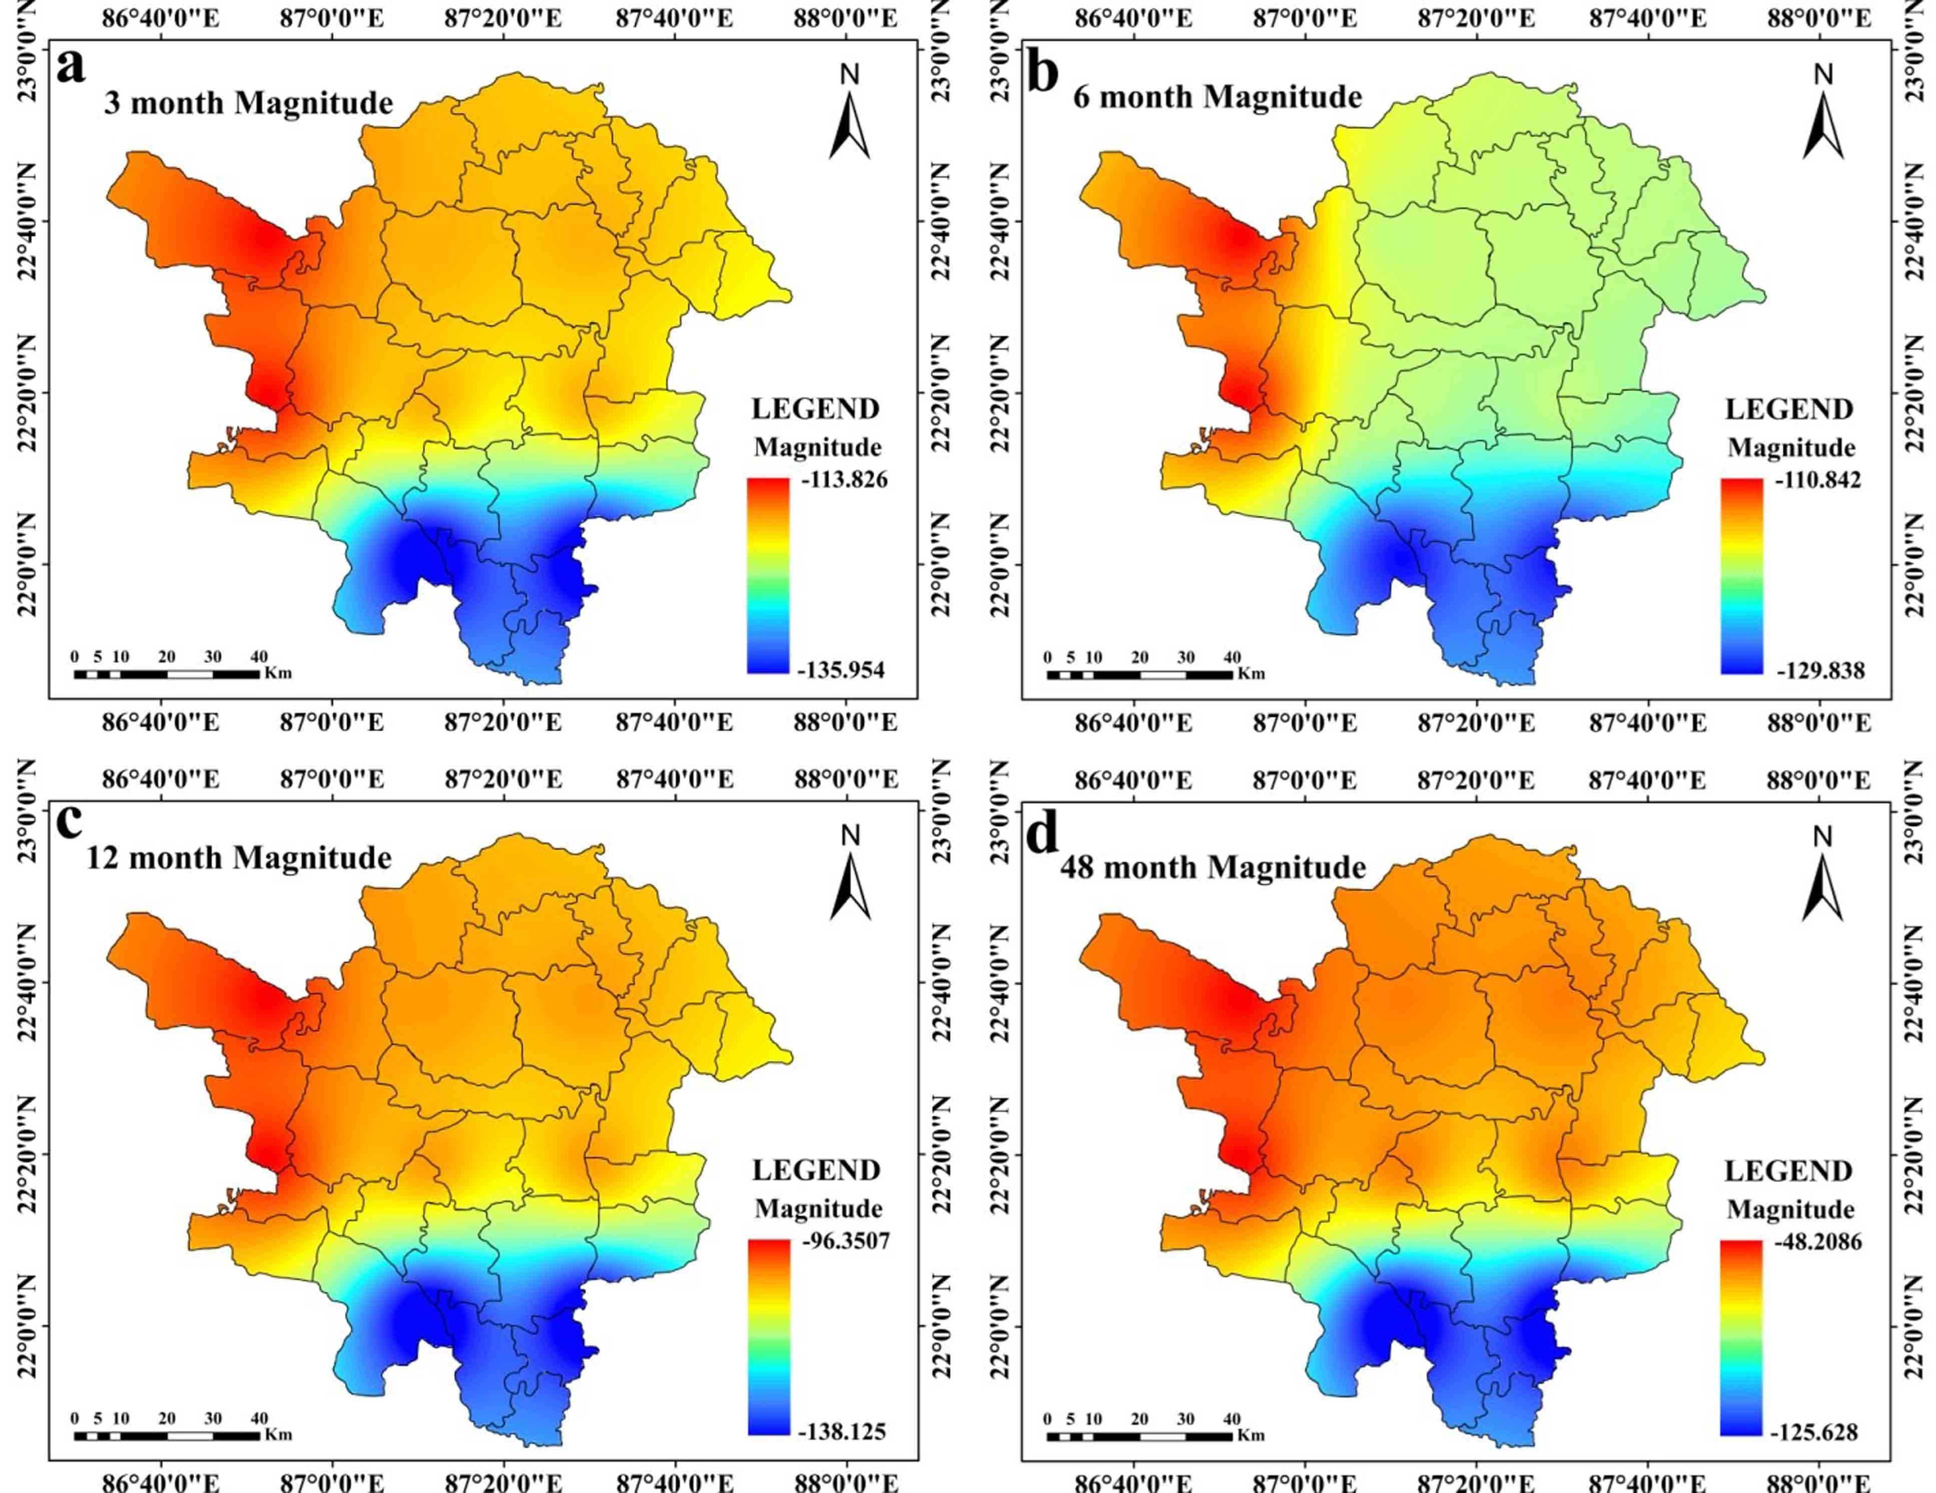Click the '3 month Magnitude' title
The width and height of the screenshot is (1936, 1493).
[x=248, y=103]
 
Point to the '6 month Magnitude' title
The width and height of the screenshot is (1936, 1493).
[x=1217, y=96]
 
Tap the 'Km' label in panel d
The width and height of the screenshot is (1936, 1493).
[x=1251, y=1434]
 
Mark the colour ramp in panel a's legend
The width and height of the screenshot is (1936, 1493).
[x=767, y=576]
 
